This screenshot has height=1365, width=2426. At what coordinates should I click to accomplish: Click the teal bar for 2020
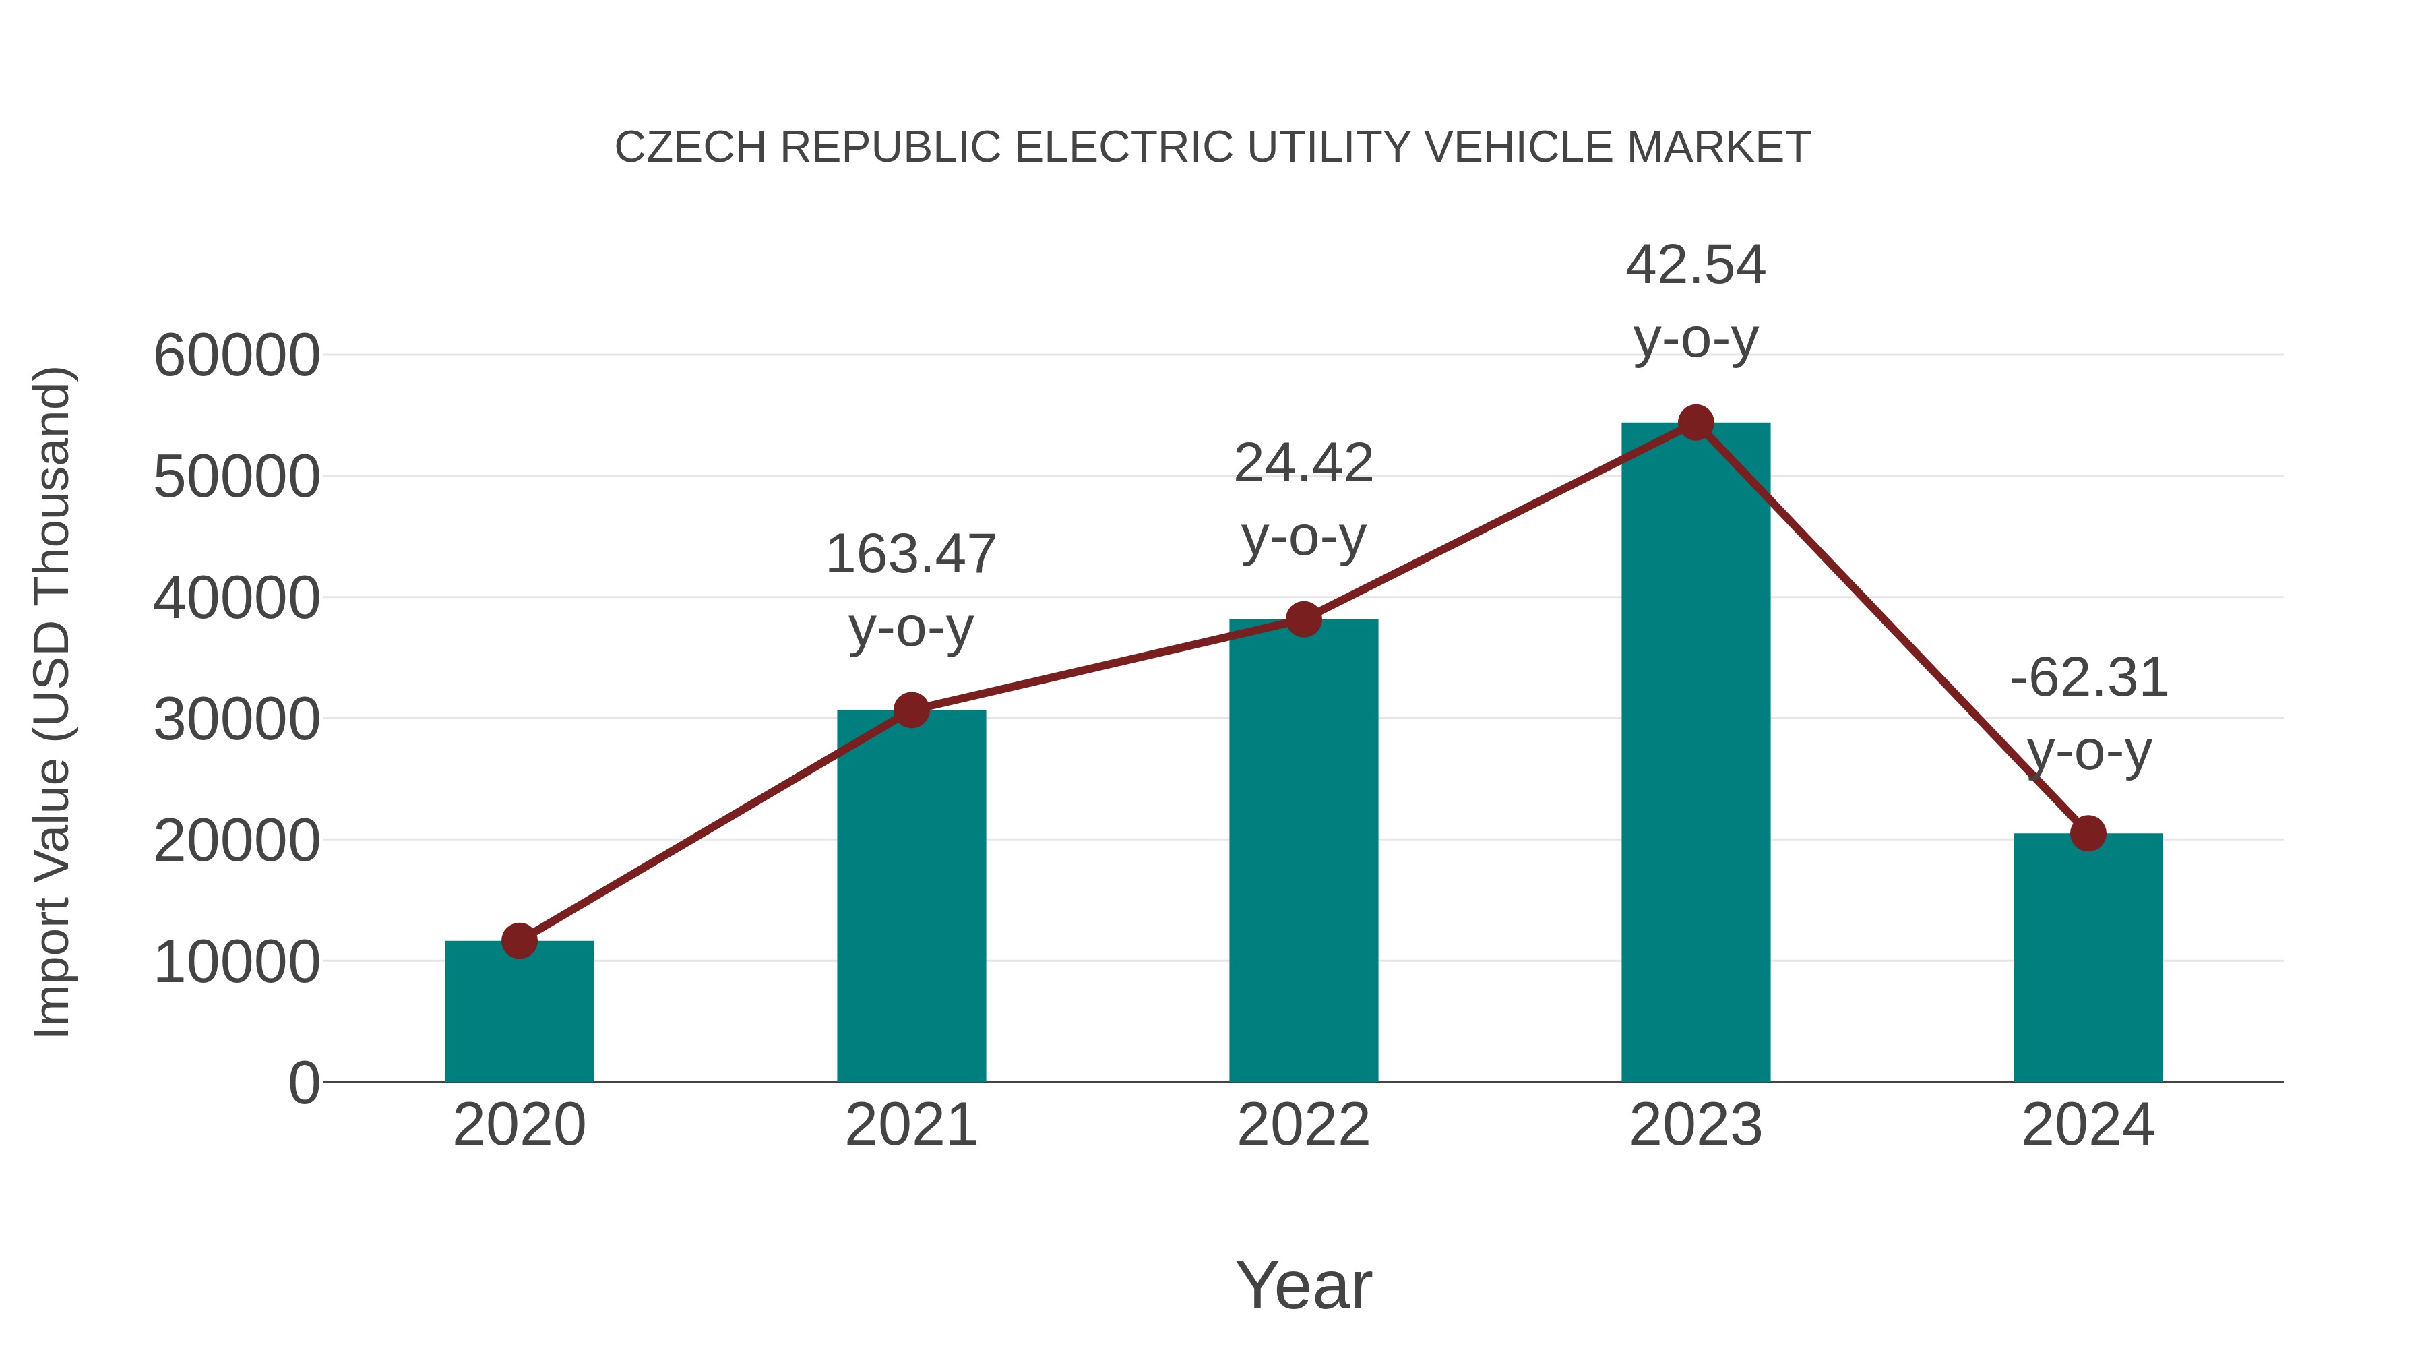click(519, 1012)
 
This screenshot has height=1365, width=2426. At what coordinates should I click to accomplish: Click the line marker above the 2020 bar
click(519, 940)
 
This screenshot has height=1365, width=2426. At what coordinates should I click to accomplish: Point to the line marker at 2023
click(1696, 423)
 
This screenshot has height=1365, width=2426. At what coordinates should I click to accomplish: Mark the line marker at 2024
click(2088, 832)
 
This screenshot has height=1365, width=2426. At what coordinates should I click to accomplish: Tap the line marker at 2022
click(1303, 619)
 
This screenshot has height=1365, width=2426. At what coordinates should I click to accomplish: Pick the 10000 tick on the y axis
click(237, 962)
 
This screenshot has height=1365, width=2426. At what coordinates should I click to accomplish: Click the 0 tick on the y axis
click(303, 1083)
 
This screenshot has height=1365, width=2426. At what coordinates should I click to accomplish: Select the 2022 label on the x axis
click(1303, 1125)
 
